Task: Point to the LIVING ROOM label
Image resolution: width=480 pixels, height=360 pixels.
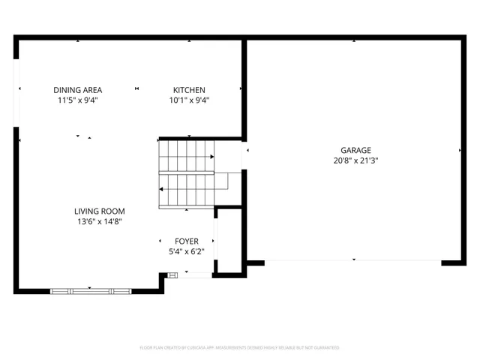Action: (99, 211)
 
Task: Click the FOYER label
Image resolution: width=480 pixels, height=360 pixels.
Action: (187, 241)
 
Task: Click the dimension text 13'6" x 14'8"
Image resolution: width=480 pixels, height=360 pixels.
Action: (99, 221)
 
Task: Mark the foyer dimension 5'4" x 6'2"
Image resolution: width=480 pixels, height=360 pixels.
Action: (187, 251)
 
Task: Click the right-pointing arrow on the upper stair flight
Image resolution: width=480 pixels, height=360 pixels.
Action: (212, 157)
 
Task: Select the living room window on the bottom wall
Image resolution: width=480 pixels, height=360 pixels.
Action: (90, 289)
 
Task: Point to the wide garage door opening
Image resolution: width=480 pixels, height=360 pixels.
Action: (353, 261)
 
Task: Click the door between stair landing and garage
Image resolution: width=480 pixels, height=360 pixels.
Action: (244, 157)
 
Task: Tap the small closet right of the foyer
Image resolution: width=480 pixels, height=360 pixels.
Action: (229, 240)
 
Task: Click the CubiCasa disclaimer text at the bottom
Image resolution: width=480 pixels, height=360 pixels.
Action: (240, 348)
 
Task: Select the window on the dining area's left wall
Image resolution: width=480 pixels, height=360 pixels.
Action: (16, 90)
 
